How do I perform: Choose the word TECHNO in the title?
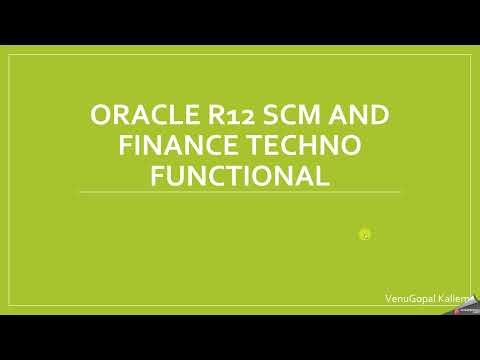[303, 146]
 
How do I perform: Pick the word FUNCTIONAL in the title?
[239, 176]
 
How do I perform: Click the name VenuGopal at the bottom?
[409, 298]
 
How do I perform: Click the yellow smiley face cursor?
[365, 235]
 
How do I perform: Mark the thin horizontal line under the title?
[239, 192]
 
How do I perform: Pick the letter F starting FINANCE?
[125, 146]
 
